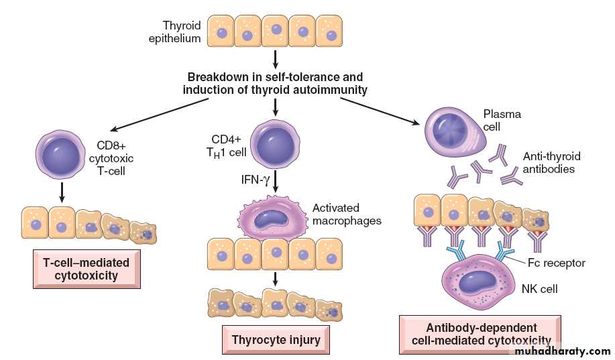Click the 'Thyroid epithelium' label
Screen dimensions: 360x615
[x=174, y=32]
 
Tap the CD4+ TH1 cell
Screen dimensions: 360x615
[x=274, y=144]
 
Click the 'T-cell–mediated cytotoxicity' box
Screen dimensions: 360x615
[x=87, y=268]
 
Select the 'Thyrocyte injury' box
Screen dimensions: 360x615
[x=276, y=339]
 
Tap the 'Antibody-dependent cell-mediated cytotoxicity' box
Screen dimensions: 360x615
[x=480, y=334]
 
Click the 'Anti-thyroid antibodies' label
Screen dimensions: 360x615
[x=551, y=162]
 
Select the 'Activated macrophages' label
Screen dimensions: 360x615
[x=347, y=214]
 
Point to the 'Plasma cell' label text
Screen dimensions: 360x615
[x=502, y=119]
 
